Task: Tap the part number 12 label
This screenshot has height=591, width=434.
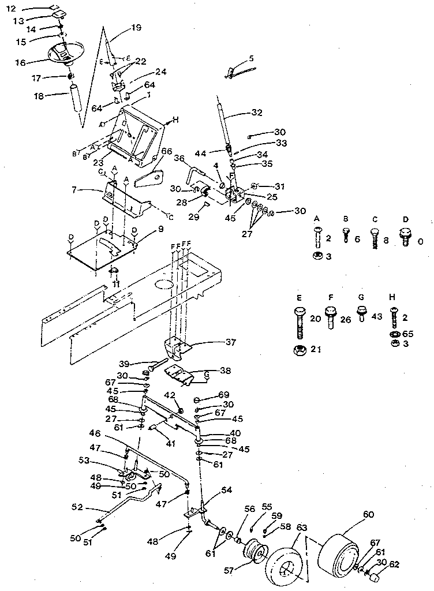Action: coord(12,8)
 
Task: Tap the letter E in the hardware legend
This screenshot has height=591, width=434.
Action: coord(300,299)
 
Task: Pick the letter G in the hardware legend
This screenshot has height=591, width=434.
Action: coord(362,299)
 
